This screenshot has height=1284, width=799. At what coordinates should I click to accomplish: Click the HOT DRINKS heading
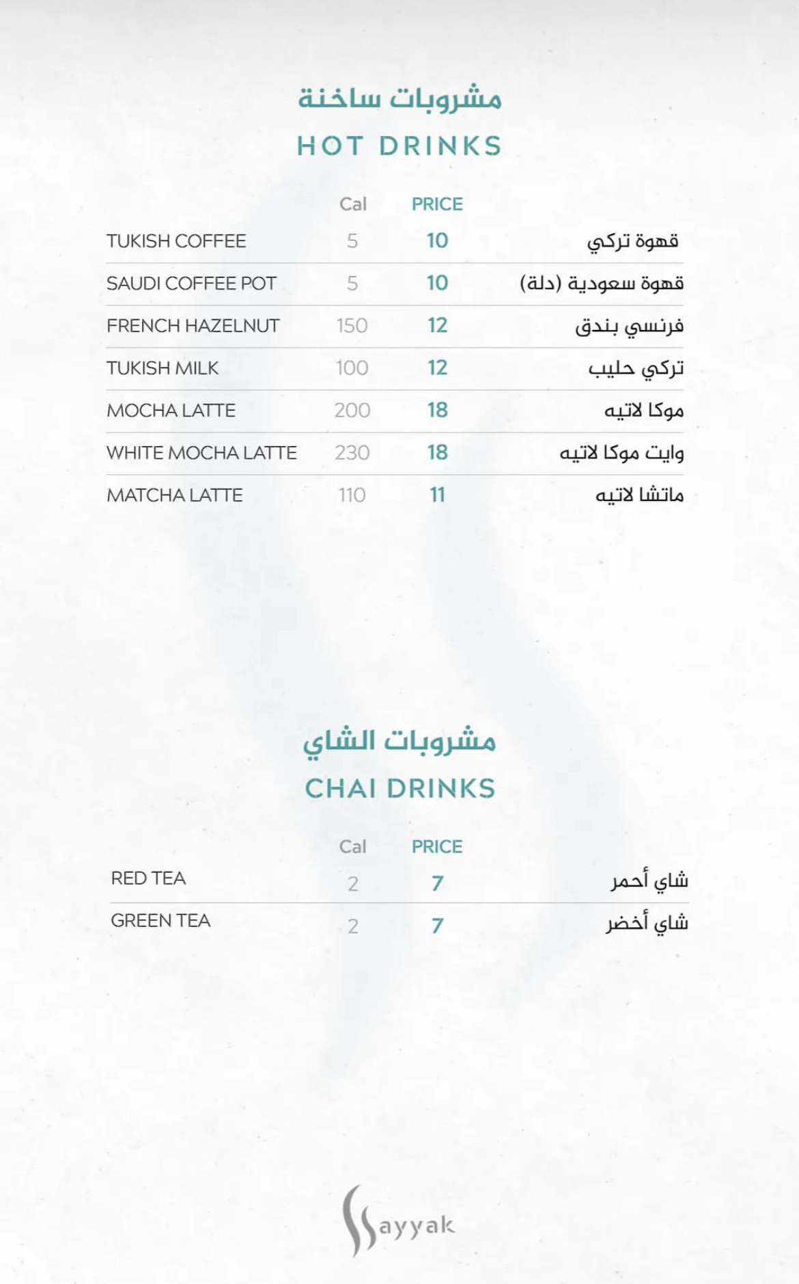tap(399, 146)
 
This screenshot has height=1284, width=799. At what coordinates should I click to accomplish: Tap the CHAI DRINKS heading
tap(399, 789)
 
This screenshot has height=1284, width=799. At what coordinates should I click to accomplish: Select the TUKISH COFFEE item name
tap(176, 241)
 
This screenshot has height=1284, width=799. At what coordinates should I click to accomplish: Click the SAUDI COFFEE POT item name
tap(191, 284)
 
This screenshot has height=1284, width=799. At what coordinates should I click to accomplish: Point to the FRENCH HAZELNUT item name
tap(193, 326)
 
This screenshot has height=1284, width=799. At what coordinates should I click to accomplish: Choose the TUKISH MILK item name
tap(163, 368)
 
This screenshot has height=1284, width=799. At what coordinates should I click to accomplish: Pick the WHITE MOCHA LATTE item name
tap(201, 453)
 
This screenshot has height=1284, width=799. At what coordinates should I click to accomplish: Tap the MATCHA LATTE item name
tap(174, 495)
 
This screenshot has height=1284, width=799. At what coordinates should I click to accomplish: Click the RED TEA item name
tap(148, 879)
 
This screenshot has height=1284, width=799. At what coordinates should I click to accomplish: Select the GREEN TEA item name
tap(160, 921)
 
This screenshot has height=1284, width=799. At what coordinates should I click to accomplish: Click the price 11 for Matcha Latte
tap(437, 495)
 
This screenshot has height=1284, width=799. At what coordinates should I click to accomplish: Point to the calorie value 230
tap(352, 453)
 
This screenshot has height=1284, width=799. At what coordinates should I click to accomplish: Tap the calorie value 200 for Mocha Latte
tap(352, 411)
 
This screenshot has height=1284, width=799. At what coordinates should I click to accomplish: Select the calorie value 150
tap(352, 326)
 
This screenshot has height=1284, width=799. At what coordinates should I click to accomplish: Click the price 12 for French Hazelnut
tap(437, 325)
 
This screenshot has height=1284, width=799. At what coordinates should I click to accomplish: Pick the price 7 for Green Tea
tap(437, 926)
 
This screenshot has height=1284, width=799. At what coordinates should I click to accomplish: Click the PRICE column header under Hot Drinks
tap(437, 204)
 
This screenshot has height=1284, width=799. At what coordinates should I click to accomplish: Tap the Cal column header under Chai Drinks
tap(352, 847)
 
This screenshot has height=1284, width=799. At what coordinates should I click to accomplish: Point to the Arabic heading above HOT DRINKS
tap(399, 99)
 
